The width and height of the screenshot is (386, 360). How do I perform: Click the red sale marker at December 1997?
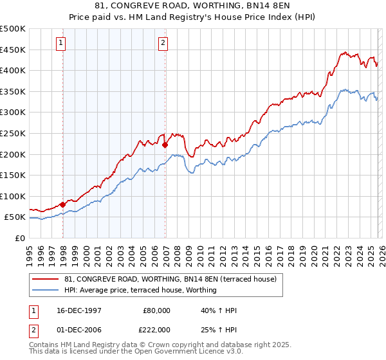coord(62,204)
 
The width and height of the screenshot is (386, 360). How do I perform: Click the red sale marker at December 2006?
coord(165,145)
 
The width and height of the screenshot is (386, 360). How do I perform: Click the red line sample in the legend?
coord(46,279)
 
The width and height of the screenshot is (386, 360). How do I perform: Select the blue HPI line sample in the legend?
coord(46,290)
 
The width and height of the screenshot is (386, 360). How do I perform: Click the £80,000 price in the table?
coord(156,310)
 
